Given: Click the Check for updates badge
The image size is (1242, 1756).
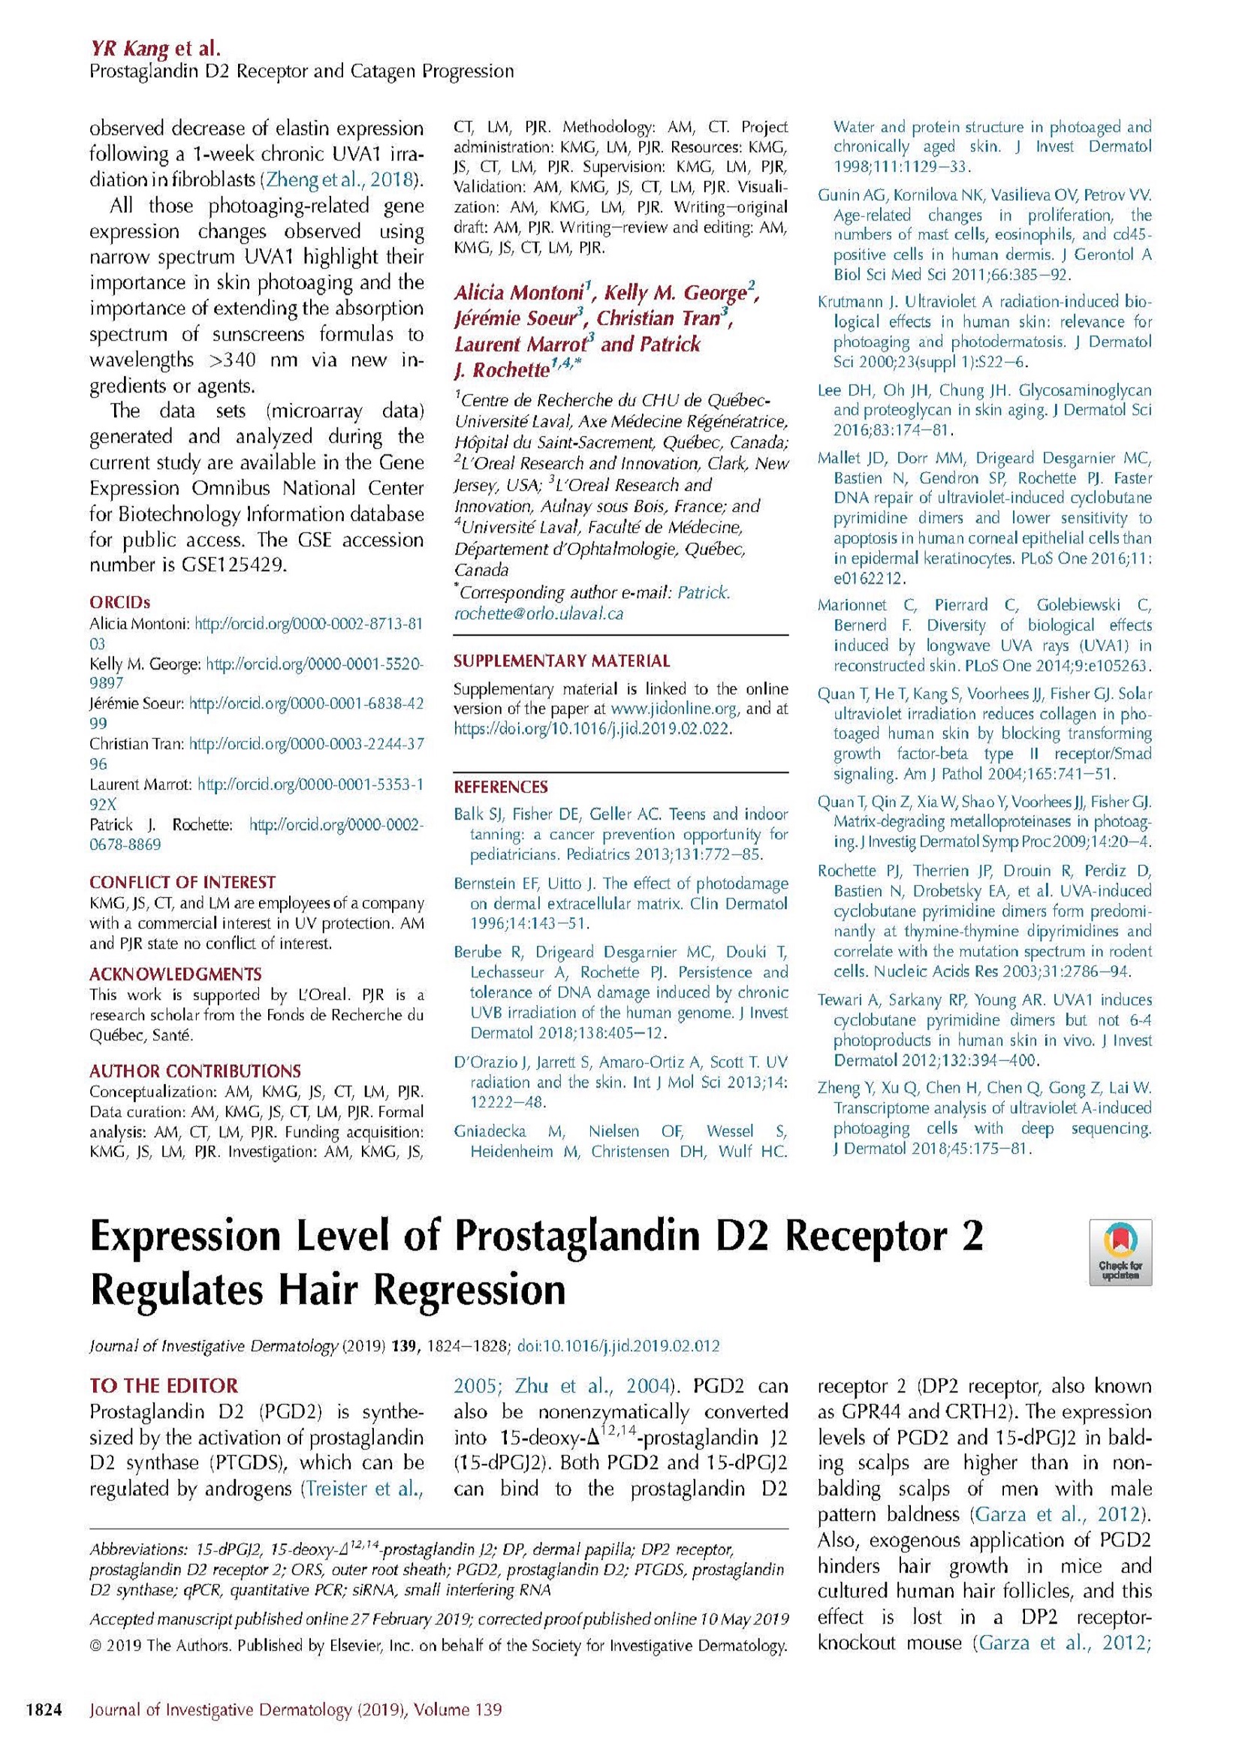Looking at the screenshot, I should (x=1120, y=1251).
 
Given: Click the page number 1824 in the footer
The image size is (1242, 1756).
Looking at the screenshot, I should (x=44, y=1709).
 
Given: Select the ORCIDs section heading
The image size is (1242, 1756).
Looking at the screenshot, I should (x=119, y=603).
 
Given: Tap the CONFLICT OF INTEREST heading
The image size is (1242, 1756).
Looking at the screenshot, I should (x=182, y=882).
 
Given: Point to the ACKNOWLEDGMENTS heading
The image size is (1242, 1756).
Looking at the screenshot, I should (x=175, y=974).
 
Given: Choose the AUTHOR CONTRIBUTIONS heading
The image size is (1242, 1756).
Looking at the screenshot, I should (x=195, y=1071).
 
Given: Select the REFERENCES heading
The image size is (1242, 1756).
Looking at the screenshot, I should (x=501, y=787).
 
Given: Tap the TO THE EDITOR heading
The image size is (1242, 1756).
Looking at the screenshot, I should (x=164, y=1385).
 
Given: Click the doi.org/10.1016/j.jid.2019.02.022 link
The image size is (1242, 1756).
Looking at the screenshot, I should (x=592, y=729).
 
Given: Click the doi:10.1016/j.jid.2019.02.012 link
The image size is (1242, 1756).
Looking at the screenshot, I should (x=618, y=1346).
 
